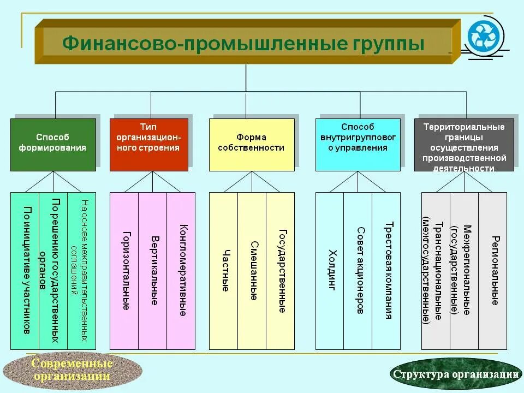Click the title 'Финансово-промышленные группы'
pyautogui.click(x=243, y=43)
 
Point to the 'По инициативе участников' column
pyautogui.click(x=25, y=271)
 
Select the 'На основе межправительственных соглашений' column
pyautogui.click(x=82, y=271)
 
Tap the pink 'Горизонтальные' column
pyautogui.click(x=124, y=271)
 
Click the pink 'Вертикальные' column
pyautogui.click(x=153, y=271)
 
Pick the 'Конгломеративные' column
pyautogui.click(x=181, y=271)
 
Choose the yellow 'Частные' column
pyautogui.click(x=224, y=271)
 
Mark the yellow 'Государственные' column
pyautogui.click(x=281, y=271)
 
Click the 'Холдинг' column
pyautogui.click(x=330, y=271)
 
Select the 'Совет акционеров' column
pyautogui.click(x=358, y=271)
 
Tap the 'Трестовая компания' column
pyautogui.click(x=387, y=271)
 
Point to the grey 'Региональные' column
pyautogui.click(x=493, y=271)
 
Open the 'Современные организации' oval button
pyautogui.click(x=72, y=370)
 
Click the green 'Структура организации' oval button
pyautogui.click(x=455, y=374)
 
